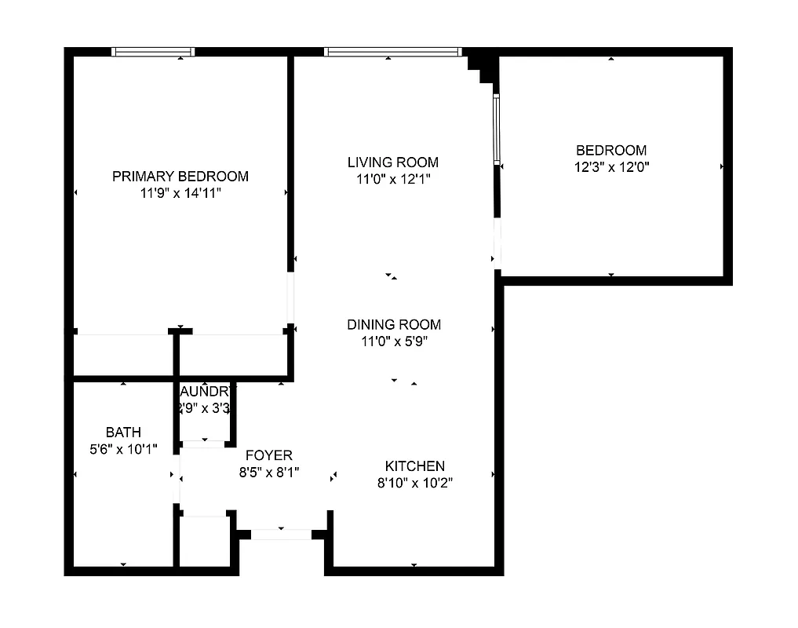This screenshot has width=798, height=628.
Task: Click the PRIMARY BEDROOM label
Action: (180, 176)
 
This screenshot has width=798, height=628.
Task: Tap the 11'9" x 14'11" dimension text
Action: (180, 192)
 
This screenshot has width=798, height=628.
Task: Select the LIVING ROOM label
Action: (392, 162)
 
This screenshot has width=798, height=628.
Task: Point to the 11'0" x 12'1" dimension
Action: (392, 179)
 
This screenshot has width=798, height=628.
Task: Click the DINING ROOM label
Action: (394, 324)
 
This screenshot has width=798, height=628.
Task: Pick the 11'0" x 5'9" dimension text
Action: (394, 341)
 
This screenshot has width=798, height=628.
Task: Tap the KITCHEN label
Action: (414, 466)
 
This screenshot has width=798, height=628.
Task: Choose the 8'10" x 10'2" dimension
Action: (414, 483)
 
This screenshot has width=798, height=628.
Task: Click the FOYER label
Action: (269, 455)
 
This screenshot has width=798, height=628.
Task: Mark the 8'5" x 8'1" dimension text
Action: (269, 473)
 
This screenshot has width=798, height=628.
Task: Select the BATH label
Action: (123, 433)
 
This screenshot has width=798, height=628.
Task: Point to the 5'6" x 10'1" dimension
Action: (123, 449)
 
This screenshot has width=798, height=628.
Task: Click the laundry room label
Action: (205, 391)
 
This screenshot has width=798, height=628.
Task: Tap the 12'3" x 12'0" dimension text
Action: (611, 166)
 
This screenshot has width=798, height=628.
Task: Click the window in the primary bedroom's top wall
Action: (153, 52)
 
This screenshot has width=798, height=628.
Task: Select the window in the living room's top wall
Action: (392, 52)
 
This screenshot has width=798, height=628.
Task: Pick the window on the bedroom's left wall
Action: (496, 130)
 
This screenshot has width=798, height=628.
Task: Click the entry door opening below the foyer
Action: (280, 535)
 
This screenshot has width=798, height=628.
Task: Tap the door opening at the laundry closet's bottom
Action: (203, 444)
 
